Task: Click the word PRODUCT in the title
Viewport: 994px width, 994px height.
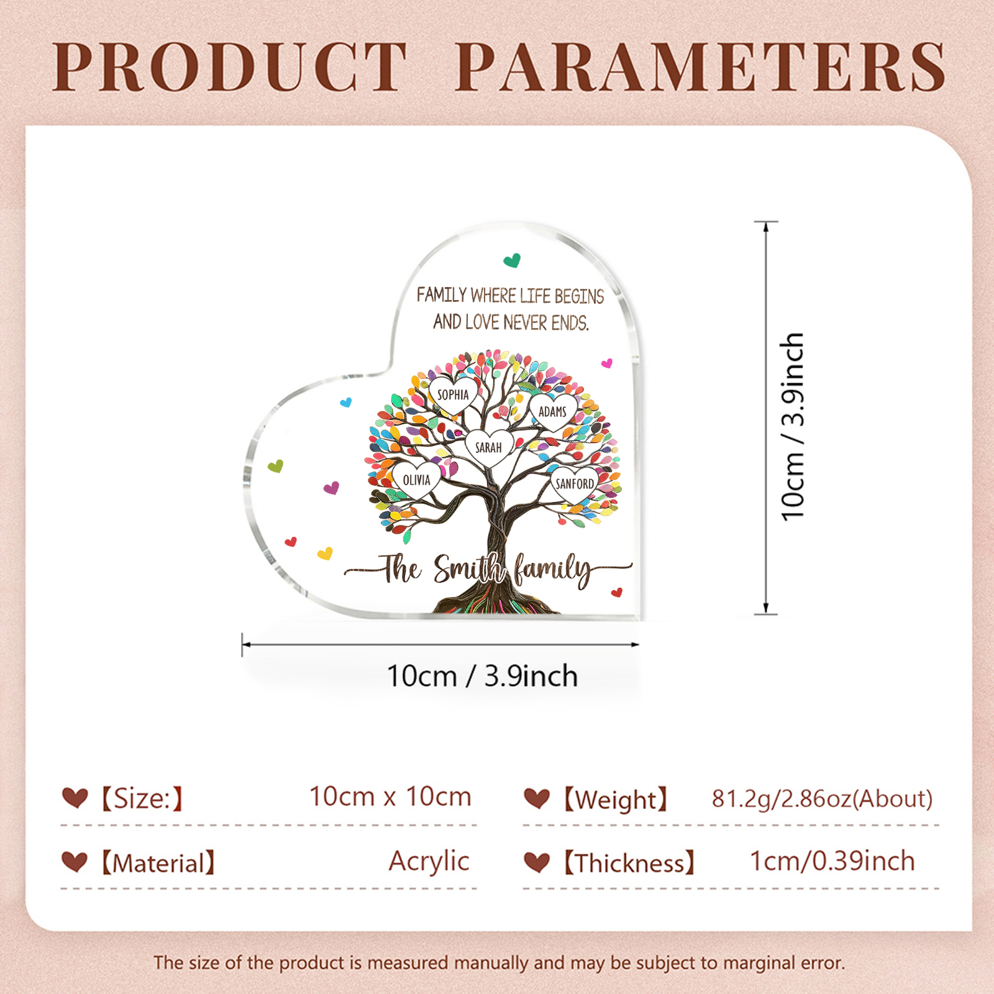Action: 230,67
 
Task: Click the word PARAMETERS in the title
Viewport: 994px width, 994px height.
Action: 701,67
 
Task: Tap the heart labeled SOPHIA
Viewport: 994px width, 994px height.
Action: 454,394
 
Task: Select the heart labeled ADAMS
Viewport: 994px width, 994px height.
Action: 552,411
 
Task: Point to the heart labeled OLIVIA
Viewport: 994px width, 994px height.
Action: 416,480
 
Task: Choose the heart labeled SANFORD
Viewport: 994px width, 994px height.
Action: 574,483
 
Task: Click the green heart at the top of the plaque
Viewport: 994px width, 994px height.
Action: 512,260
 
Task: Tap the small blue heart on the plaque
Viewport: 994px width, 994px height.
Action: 346,403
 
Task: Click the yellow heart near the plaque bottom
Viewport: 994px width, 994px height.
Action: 325,553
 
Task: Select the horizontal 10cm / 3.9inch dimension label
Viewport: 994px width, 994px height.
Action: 482,676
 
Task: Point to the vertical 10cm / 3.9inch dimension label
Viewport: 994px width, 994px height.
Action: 793,426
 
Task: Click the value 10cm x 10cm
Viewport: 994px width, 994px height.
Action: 390,797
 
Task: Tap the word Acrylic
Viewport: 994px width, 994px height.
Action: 429,862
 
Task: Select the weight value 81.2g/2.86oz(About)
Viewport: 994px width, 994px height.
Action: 822,799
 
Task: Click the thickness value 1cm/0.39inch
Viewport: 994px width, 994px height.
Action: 832,862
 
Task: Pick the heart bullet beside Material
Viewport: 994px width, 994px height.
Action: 75,862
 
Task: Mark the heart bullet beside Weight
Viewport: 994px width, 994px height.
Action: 537,798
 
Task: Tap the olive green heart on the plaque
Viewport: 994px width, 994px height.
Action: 275,466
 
